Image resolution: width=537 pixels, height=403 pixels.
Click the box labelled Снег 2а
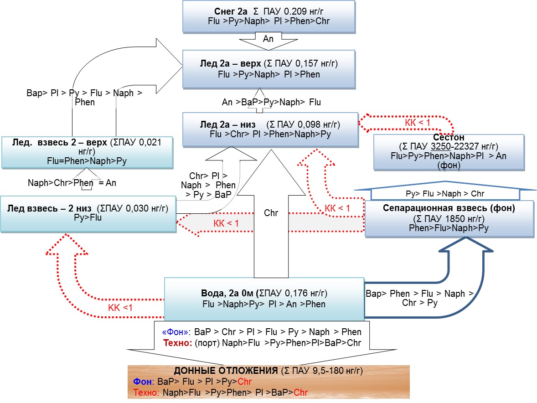click(x=268, y=16)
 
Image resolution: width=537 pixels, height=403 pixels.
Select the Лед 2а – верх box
click(x=268, y=68)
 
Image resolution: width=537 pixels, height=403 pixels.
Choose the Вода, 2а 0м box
click(x=264, y=299)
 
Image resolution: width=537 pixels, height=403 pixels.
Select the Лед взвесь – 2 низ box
click(x=88, y=213)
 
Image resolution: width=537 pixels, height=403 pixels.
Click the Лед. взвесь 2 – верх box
click(x=87, y=152)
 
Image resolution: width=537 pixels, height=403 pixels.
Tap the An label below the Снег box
click(x=268, y=39)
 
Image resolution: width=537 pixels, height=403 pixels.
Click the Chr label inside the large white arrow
click(x=271, y=212)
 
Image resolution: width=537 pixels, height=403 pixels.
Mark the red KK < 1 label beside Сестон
click(x=418, y=123)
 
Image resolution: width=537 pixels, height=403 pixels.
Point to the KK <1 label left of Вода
click(x=120, y=308)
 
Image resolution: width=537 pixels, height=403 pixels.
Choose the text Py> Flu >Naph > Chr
click(x=445, y=194)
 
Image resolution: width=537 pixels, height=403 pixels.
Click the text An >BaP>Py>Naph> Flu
click(x=272, y=103)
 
